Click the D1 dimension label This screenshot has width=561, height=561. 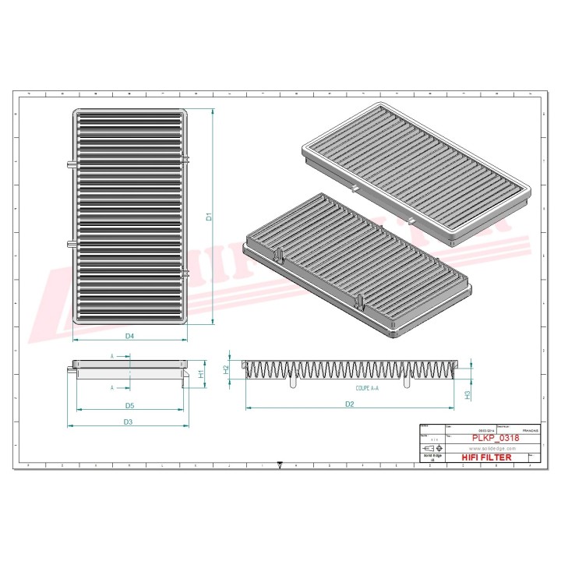209,218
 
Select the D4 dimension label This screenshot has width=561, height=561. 130,336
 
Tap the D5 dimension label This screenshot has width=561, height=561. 130,405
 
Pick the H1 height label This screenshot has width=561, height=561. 200,374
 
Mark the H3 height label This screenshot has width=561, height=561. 467,394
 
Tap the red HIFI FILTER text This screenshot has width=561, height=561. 486,457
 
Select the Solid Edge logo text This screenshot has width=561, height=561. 431,459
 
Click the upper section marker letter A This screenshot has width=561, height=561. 111,355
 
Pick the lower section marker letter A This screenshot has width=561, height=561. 111,387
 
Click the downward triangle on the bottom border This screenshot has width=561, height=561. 280,466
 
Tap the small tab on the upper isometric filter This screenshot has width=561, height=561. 355,189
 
